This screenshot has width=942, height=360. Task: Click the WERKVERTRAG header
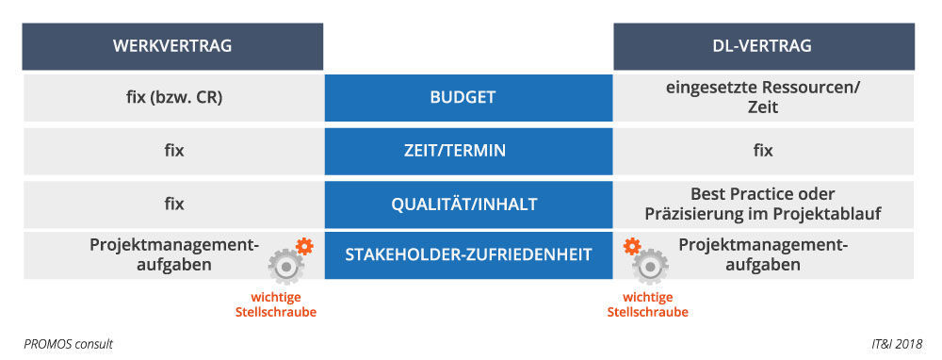[172, 46]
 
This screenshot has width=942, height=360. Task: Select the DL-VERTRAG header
[763, 46]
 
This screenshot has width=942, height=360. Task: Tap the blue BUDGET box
[467, 97]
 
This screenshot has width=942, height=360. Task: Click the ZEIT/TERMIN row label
[467, 150]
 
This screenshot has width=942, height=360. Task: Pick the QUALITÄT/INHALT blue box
[467, 204]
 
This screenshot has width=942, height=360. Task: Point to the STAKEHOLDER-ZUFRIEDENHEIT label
[467, 254]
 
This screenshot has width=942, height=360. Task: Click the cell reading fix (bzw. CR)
[172, 97]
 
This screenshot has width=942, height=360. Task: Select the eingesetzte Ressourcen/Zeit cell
[763, 97]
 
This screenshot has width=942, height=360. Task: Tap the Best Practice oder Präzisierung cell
[763, 204]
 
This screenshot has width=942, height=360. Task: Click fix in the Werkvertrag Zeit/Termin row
[172, 150]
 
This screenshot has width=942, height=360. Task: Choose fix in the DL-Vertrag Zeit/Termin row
[763, 150]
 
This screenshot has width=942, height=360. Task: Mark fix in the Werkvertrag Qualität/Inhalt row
[172, 204]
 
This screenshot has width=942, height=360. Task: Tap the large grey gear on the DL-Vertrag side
[649, 267]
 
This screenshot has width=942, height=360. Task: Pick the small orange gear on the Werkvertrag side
[303, 247]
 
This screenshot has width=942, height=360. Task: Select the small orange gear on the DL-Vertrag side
[632, 247]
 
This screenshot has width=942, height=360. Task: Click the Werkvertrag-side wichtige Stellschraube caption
[275, 304]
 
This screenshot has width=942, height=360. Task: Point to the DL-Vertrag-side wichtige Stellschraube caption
[647, 304]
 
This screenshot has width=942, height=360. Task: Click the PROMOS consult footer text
[69, 345]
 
